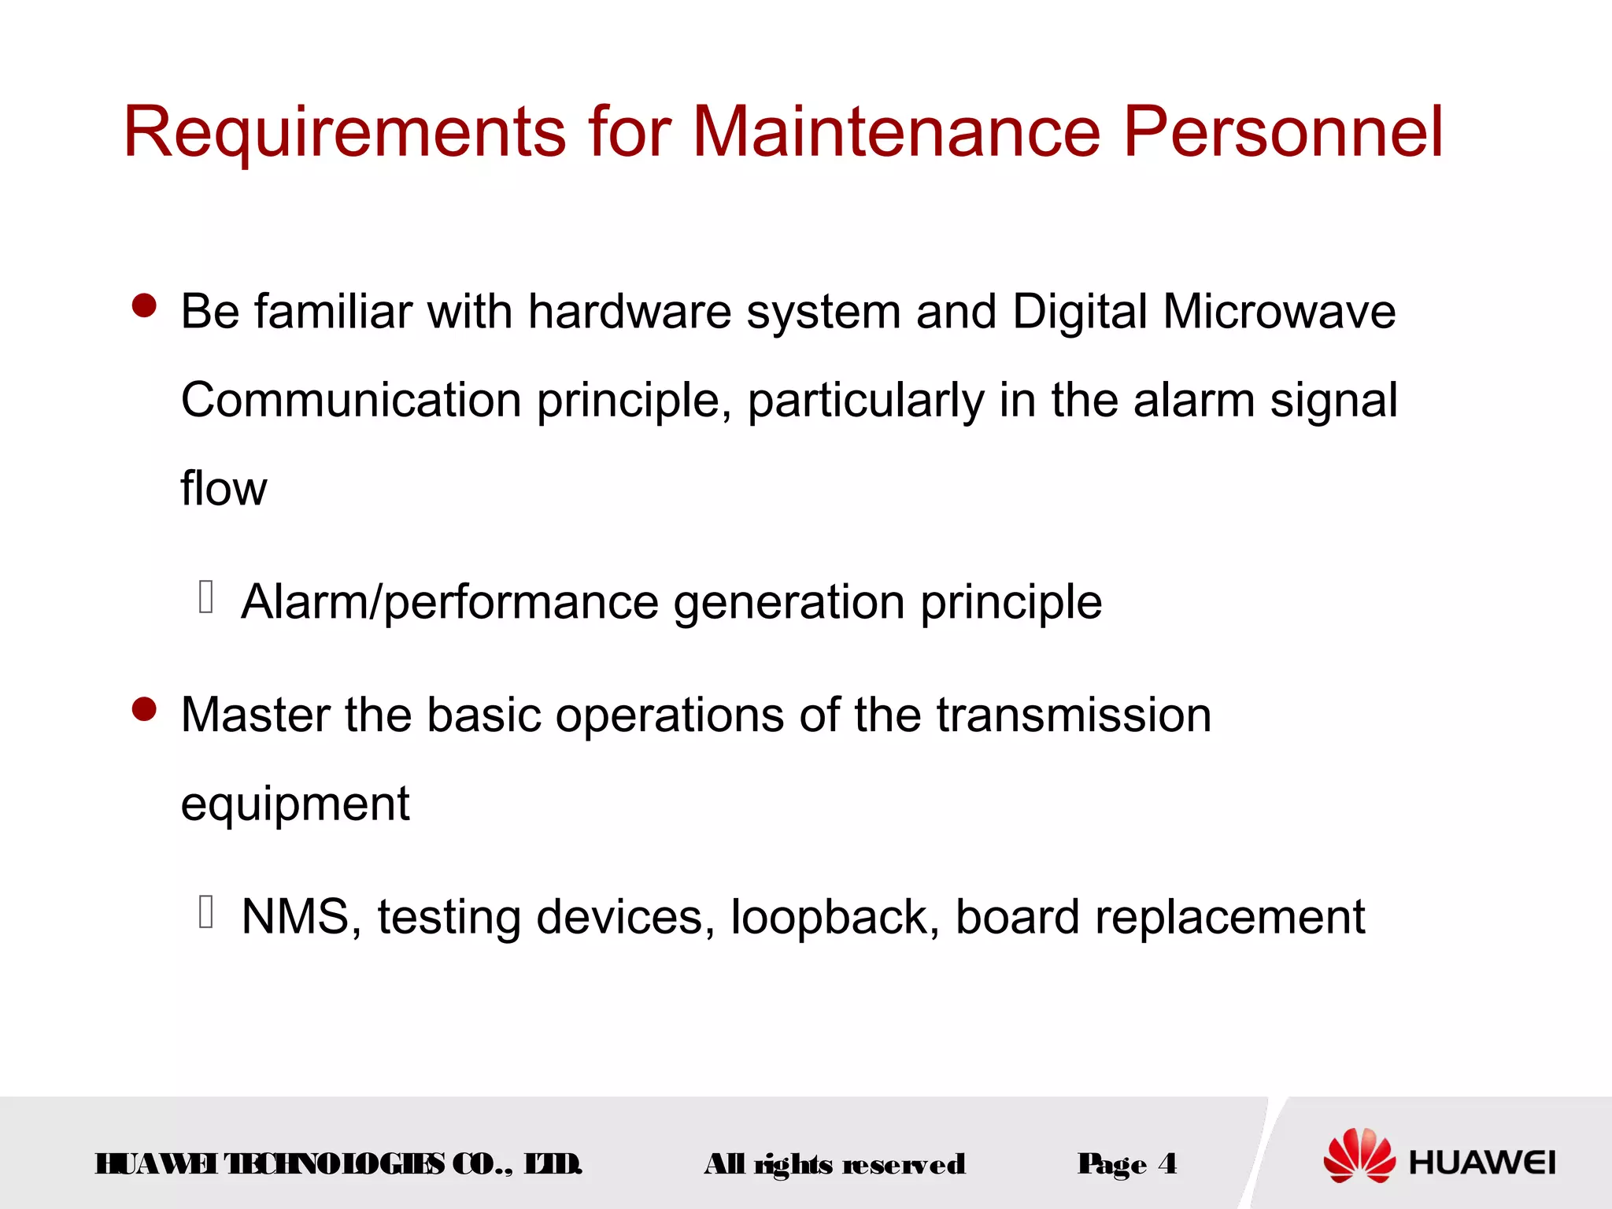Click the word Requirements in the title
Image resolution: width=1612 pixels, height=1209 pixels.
(x=344, y=131)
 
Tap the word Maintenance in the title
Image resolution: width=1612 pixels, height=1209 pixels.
(x=896, y=131)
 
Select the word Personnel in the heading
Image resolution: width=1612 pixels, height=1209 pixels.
(x=1283, y=131)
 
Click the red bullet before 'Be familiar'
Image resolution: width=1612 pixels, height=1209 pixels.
(x=145, y=306)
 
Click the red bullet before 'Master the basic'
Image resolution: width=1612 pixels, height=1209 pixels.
(x=145, y=709)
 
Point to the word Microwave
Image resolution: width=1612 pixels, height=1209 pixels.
(x=1279, y=312)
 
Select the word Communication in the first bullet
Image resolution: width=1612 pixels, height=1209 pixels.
(x=351, y=400)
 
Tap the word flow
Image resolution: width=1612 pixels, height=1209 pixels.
(x=224, y=489)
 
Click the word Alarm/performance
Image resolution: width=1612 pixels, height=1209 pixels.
(x=449, y=603)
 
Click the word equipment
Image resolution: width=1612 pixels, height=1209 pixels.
(x=295, y=804)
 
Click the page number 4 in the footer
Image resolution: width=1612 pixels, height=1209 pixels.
(x=1167, y=1163)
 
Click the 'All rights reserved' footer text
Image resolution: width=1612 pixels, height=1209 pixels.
(x=834, y=1164)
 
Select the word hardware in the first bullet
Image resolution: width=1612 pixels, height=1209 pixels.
(x=630, y=312)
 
